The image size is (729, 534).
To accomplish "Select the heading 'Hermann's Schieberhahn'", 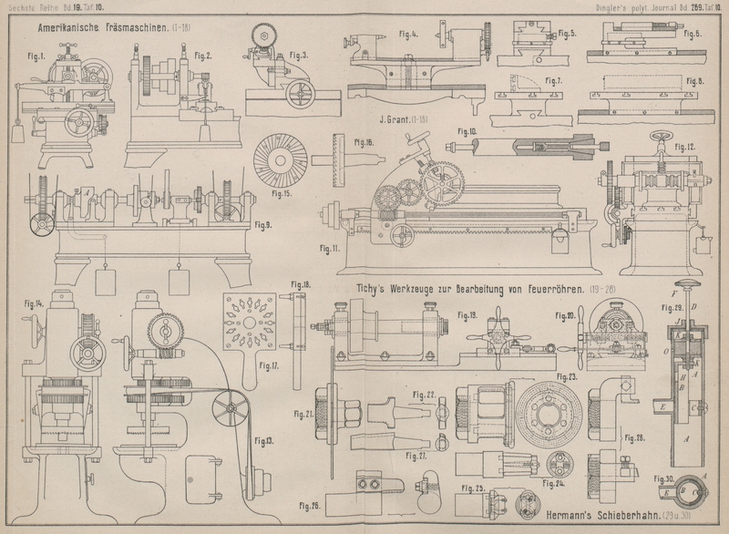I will click(x=582, y=517).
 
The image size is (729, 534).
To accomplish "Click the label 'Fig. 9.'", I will click(x=263, y=224).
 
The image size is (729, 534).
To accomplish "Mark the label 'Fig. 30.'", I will click(x=663, y=478).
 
